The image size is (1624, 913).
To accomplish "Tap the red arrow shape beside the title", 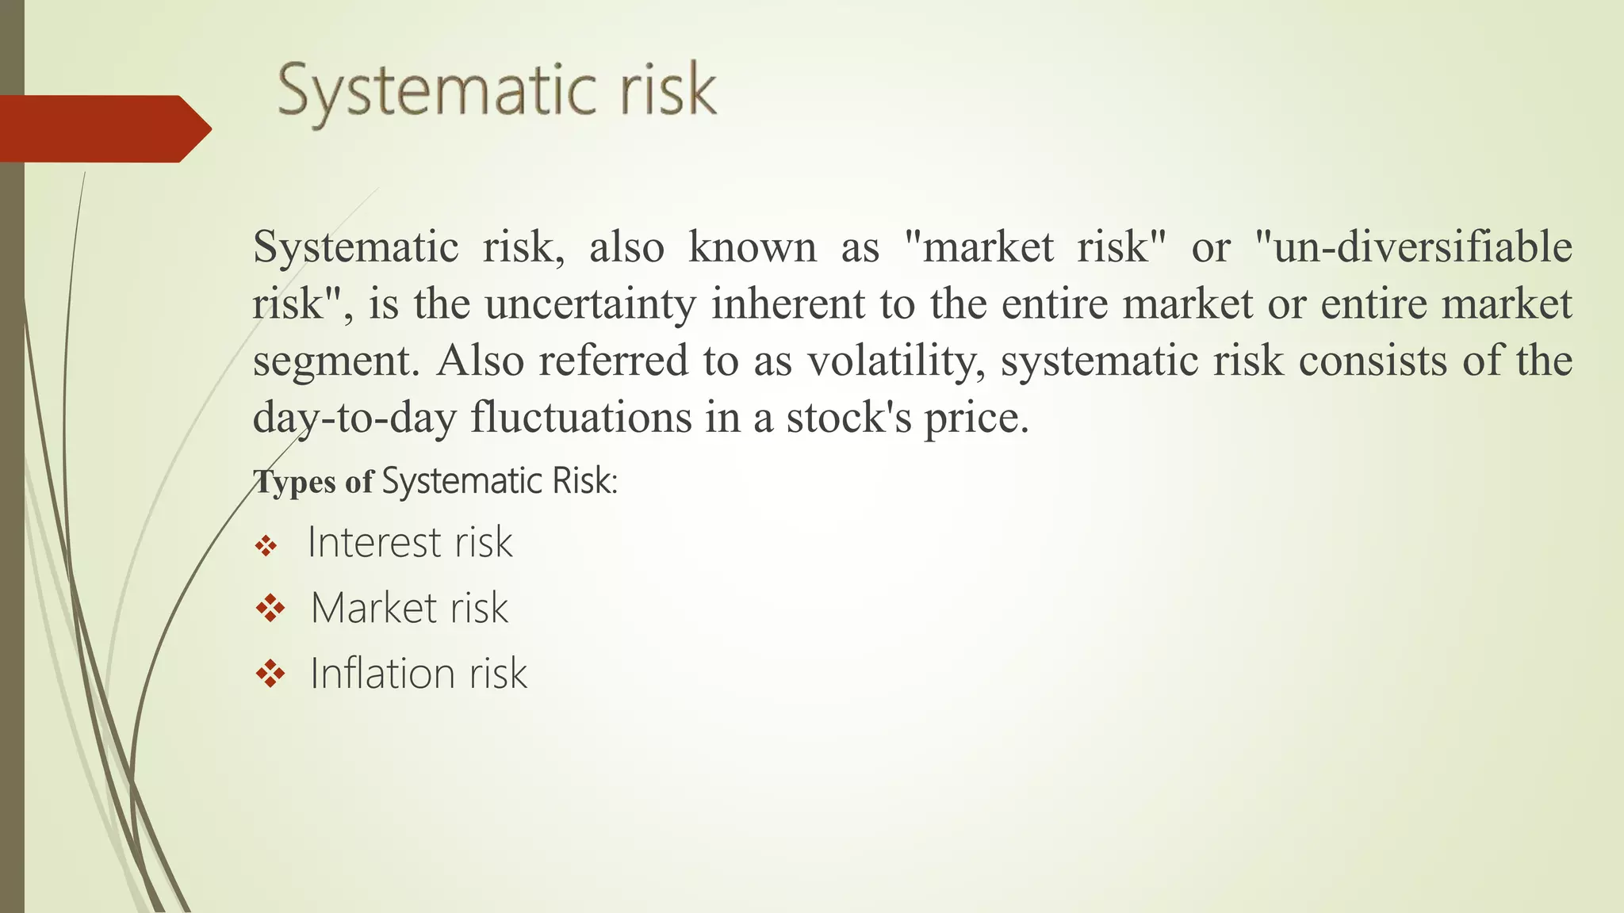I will (103, 129).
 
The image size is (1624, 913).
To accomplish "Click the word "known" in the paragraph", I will (752, 246).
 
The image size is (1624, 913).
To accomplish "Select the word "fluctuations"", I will (581, 418).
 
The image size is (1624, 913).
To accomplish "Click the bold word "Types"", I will (294, 482).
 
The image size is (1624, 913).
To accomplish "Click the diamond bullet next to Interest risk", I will (266, 545).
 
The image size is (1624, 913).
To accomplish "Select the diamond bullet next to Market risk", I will (270, 609).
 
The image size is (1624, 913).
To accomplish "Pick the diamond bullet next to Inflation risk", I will (270, 674).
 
